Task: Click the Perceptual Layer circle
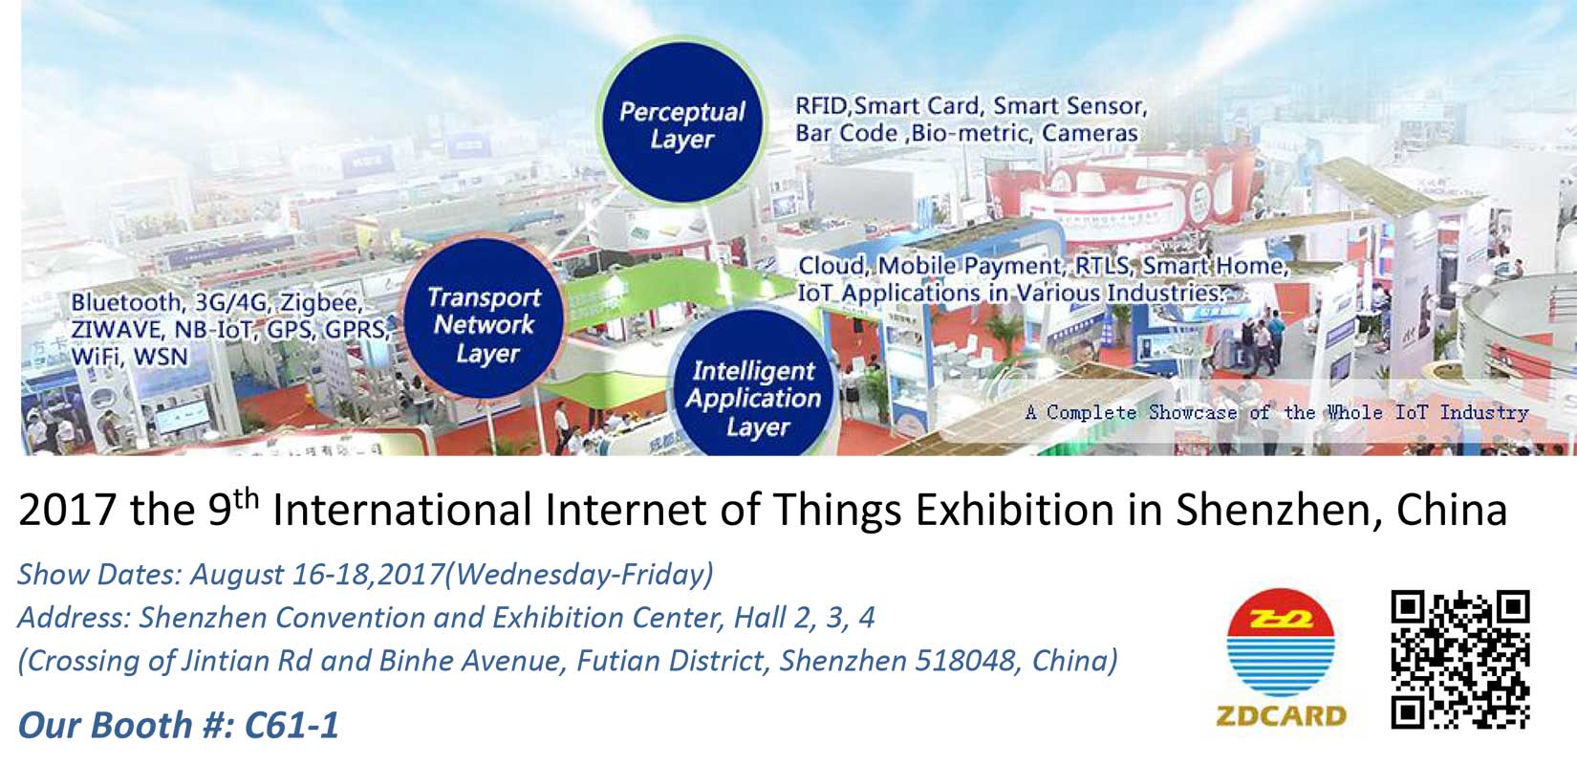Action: click(x=682, y=122)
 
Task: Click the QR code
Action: click(x=1460, y=660)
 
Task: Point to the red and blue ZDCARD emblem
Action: click(x=1280, y=642)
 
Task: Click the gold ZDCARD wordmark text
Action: click(x=1282, y=716)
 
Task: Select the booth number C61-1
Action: click(x=292, y=725)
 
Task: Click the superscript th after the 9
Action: click(x=246, y=498)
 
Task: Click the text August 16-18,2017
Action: click(x=317, y=575)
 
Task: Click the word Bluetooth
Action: click(x=127, y=302)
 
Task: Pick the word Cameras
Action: click(x=1090, y=133)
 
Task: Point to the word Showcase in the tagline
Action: click(x=1192, y=412)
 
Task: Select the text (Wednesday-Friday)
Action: click(x=579, y=575)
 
